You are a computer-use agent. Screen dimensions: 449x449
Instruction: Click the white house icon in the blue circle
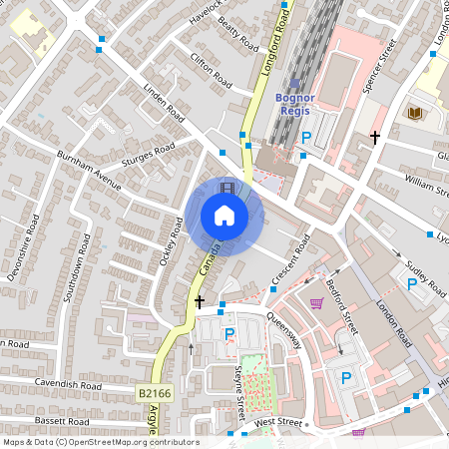(x=224, y=216)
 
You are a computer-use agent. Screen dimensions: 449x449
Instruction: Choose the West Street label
(x=277, y=423)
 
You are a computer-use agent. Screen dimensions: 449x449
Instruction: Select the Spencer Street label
(x=380, y=66)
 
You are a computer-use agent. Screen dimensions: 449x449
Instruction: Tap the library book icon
(x=414, y=113)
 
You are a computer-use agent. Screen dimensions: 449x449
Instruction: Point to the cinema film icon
(x=228, y=187)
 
